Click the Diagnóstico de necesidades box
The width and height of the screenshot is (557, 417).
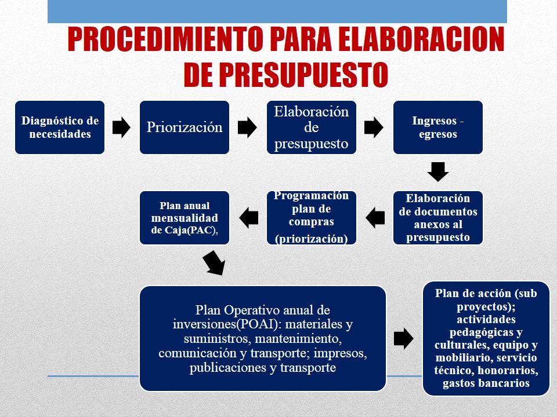[x=60, y=127]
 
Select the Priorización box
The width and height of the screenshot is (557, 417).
[x=185, y=127]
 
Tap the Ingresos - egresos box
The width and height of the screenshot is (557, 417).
[x=438, y=127]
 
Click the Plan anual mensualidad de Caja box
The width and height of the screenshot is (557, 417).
[x=185, y=218]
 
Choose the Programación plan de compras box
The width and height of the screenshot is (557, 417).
[x=312, y=218]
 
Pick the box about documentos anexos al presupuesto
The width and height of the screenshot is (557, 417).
[x=438, y=218]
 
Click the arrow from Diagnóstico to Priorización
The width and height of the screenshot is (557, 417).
[x=121, y=127]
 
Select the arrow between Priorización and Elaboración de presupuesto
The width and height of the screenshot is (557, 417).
[x=247, y=127]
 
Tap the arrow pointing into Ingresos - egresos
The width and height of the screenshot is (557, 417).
[x=374, y=127]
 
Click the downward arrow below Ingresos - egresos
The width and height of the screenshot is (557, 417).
[x=438, y=172]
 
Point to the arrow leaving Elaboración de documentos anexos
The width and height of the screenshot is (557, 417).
[x=375, y=218]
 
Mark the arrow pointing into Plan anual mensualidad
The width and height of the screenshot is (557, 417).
[x=249, y=218]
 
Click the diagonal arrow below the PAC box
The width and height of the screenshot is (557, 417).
[x=214, y=263]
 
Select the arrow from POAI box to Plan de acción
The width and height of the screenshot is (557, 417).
[x=404, y=338]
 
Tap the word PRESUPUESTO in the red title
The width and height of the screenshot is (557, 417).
[x=303, y=75]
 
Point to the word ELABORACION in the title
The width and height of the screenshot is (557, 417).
[x=421, y=39]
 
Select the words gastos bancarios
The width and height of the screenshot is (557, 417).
[x=486, y=383]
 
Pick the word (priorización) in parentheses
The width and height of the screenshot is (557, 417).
[x=312, y=239]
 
